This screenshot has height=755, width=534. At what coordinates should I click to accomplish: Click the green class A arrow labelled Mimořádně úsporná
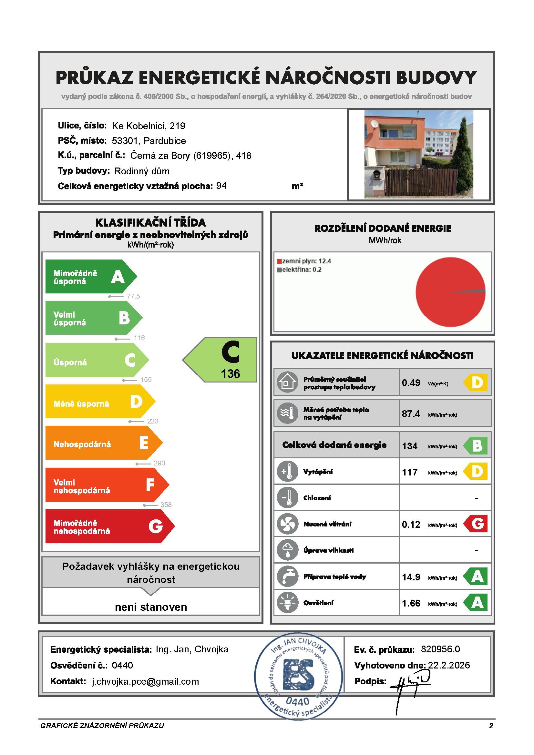tap(89, 277)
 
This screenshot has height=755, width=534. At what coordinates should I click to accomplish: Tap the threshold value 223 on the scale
tap(153, 421)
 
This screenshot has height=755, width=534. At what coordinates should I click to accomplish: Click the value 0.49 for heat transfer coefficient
tap(411, 383)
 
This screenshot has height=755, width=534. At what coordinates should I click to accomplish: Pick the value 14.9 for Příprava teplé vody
tap(411, 577)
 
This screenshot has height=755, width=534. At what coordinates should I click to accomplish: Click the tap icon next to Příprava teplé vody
tap(287, 576)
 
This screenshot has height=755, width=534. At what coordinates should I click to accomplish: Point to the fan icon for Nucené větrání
tap(287, 524)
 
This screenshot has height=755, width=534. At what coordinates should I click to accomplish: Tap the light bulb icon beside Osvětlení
tap(287, 603)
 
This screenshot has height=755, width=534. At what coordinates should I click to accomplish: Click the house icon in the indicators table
tap(287, 383)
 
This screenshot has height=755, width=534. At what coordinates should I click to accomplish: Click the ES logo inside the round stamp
tap(299, 674)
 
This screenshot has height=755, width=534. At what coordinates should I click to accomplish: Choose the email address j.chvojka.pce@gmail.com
tap(145, 681)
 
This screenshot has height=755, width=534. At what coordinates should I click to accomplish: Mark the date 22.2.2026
tap(449, 665)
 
